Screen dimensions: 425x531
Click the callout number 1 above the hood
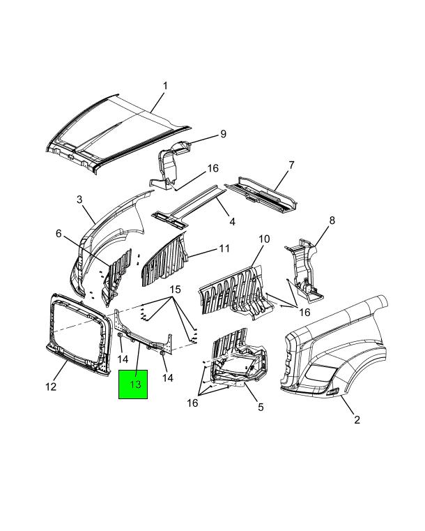(165, 86)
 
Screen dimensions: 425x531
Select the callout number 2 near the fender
(357, 419)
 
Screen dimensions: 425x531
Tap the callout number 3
(79, 200)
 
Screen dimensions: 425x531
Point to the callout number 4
(232, 222)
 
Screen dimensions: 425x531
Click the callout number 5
(261, 407)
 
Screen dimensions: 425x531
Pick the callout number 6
(59, 233)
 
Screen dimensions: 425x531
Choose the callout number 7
(291, 165)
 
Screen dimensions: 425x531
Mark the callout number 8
(332, 220)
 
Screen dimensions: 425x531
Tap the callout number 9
(223, 134)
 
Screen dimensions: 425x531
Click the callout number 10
(264, 239)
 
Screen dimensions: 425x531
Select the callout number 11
(224, 248)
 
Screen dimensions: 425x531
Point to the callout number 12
(51, 387)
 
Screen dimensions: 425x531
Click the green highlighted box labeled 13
(133, 384)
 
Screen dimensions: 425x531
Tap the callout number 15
(175, 290)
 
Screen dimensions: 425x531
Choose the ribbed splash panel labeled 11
(164, 260)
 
